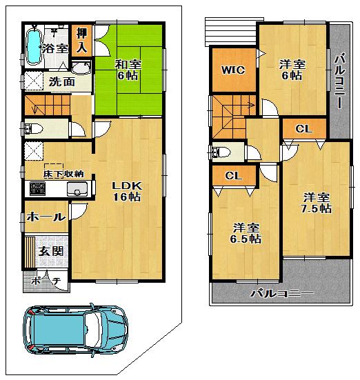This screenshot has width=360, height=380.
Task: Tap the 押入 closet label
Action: click(81, 41)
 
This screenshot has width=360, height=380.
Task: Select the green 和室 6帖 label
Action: click(128, 70)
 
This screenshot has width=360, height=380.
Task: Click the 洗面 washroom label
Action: click(61, 81)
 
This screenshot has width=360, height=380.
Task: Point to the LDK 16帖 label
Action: click(126, 191)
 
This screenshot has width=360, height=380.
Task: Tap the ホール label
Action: click(46, 217)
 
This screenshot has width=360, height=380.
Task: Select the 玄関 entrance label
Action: click(51, 250)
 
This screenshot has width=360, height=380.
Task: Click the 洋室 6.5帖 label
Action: click(246, 233)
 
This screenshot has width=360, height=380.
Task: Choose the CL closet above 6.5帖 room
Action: click(233, 176)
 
